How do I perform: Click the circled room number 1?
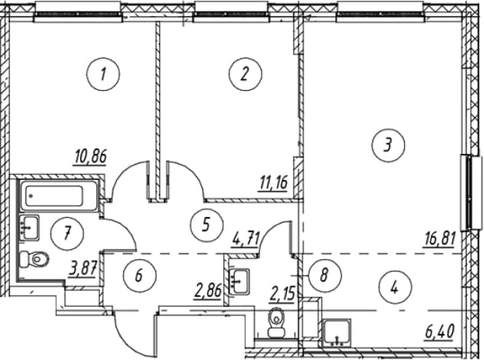pyautogui.click(x=103, y=75)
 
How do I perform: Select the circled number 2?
pyautogui.click(x=245, y=75)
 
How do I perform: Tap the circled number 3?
pyautogui.click(x=388, y=145)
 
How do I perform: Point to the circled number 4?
pyautogui.click(x=395, y=288)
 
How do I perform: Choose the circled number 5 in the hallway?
pyautogui.click(x=206, y=224)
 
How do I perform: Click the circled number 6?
pyautogui.click(x=139, y=275)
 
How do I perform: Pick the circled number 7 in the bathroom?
pyautogui.click(x=68, y=232)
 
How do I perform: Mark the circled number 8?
pyautogui.click(x=324, y=275)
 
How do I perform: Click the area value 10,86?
pyautogui.click(x=91, y=157)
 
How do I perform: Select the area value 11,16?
pyautogui.click(x=272, y=183)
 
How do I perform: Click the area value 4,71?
pyautogui.click(x=246, y=238)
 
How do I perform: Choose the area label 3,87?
pyautogui.click(x=83, y=269)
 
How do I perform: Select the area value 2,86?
pyautogui.click(x=208, y=291)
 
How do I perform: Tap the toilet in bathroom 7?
pyautogui.click(x=35, y=259)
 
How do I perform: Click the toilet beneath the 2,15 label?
pyautogui.click(x=276, y=323)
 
